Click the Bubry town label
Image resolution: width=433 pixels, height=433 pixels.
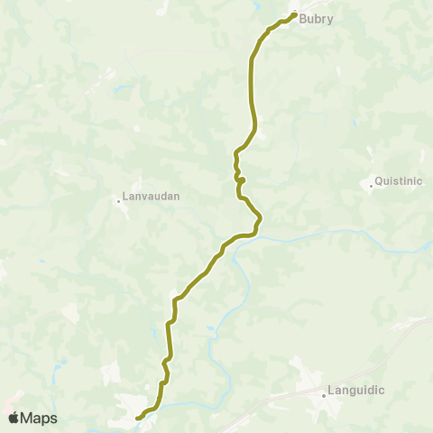(x=318, y=18)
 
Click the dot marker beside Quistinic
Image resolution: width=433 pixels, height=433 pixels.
(x=372, y=186)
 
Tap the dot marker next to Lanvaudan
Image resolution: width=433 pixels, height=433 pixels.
(x=119, y=200)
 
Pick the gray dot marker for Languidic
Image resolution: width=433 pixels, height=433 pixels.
(x=324, y=394)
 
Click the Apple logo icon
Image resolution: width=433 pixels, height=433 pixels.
(x=14, y=418)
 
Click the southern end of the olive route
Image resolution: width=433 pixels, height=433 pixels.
(x=138, y=419)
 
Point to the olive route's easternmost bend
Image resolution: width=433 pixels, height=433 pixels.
(x=260, y=217)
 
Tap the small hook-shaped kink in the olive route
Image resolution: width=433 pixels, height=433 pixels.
(x=241, y=180)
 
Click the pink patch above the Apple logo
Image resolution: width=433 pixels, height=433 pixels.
(x=11, y=398)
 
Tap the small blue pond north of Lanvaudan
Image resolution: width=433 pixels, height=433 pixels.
(x=117, y=90)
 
